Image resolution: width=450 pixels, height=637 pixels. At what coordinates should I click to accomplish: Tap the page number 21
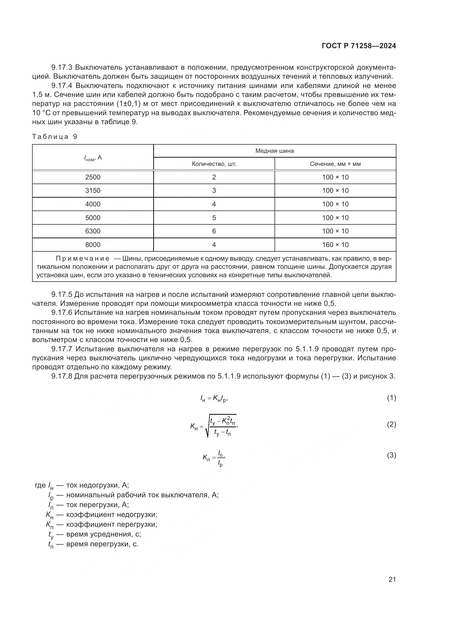392,579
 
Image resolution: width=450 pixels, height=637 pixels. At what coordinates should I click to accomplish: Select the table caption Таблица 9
55,136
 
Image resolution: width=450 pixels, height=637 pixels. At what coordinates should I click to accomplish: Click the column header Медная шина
274,151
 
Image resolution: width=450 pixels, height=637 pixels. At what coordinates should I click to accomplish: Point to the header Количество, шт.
214,164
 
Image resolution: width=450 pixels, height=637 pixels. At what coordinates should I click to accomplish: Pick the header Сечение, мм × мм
335,164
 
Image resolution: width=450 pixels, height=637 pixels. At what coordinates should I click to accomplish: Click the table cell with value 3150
93,191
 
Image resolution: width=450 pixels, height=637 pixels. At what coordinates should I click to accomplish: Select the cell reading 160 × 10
335,245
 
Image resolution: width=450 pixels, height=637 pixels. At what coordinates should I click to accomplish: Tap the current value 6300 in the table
93,231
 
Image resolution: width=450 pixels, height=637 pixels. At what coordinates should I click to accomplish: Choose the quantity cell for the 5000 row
214,218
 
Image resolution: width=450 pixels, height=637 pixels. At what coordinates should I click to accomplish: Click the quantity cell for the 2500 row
214,177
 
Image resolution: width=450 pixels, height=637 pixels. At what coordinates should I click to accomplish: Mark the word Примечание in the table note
83,258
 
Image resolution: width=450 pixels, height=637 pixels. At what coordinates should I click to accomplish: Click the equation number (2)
391,425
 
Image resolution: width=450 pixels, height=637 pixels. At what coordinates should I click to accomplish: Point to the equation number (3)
391,455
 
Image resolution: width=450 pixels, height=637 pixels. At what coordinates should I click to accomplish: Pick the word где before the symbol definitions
40,485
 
